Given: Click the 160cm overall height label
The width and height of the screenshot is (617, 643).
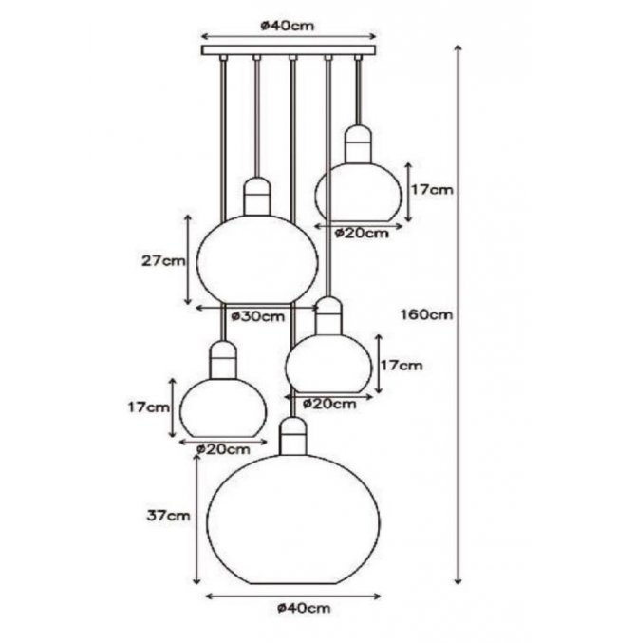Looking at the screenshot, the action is point(427,314).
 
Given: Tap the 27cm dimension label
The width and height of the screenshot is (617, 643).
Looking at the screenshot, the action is point(163,260).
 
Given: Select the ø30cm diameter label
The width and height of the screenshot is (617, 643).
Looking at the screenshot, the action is point(257,316).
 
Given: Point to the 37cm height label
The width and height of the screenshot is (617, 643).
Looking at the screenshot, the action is point(169,516).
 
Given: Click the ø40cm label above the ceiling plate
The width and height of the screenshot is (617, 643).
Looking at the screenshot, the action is point(288,26).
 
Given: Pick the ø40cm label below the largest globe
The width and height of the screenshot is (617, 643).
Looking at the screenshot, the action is point(304,608).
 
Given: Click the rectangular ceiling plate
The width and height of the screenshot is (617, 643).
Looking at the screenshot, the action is point(289,50).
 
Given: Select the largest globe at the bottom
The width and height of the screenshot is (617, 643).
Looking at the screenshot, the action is point(293,520).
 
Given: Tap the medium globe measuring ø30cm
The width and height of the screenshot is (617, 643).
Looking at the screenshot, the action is point(257,259).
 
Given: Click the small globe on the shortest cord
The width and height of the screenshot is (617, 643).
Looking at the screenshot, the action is point(358,192).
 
